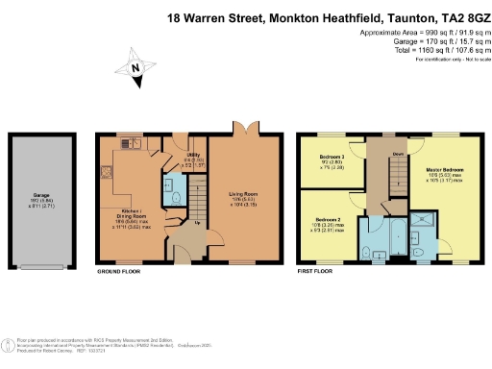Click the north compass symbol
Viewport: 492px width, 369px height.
click(135, 67)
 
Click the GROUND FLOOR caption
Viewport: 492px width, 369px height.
click(121, 271)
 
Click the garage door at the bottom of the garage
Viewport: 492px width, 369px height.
click(41, 264)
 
